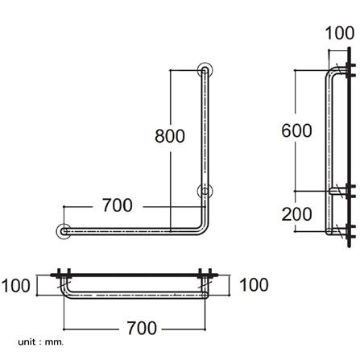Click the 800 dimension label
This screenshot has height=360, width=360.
point(170,137)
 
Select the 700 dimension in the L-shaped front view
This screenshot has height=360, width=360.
point(118,205)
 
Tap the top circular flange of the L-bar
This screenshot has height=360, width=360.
point(206,71)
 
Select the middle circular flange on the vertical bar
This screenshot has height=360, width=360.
point(206,192)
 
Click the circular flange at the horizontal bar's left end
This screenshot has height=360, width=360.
point(62,232)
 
